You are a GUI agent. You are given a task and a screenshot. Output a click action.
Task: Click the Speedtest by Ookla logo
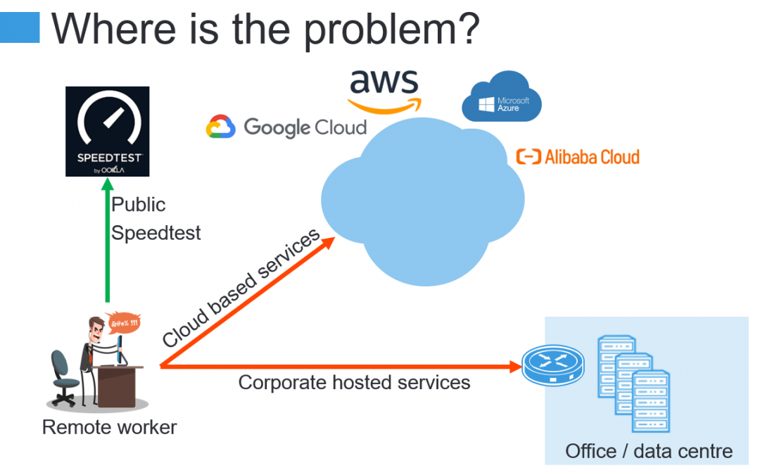[x=107, y=132]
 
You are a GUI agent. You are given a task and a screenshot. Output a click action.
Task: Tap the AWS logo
[x=384, y=91]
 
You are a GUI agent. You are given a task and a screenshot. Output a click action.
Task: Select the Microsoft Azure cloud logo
[x=502, y=96]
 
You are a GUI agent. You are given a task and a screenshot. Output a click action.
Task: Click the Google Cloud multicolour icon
[x=220, y=127]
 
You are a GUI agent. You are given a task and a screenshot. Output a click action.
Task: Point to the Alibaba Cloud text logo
[x=578, y=157]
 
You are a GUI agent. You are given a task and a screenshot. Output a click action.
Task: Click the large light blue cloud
[x=423, y=202]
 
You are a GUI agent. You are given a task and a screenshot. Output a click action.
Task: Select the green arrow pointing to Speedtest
[x=108, y=240]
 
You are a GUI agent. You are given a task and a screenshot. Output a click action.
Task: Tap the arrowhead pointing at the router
[x=516, y=367]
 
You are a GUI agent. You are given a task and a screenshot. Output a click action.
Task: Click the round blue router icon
[x=553, y=365]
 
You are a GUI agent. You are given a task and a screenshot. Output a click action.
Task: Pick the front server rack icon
[x=651, y=401]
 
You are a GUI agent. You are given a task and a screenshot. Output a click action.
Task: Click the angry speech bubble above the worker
[x=124, y=322]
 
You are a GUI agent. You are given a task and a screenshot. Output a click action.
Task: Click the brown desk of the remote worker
[x=117, y=386]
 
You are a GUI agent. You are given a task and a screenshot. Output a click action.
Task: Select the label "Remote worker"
[x=110, y=428]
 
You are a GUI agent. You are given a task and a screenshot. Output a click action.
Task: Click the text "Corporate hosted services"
[x=354, y=382]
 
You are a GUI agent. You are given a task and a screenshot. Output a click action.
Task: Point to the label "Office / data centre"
[x=649, y=451]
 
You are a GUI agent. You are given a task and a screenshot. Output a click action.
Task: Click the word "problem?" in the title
[x=392, y=30]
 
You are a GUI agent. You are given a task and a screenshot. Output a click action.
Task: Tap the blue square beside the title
[x=20, y=27]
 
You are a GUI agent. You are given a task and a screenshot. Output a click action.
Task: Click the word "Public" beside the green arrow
[x=139, y=205]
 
